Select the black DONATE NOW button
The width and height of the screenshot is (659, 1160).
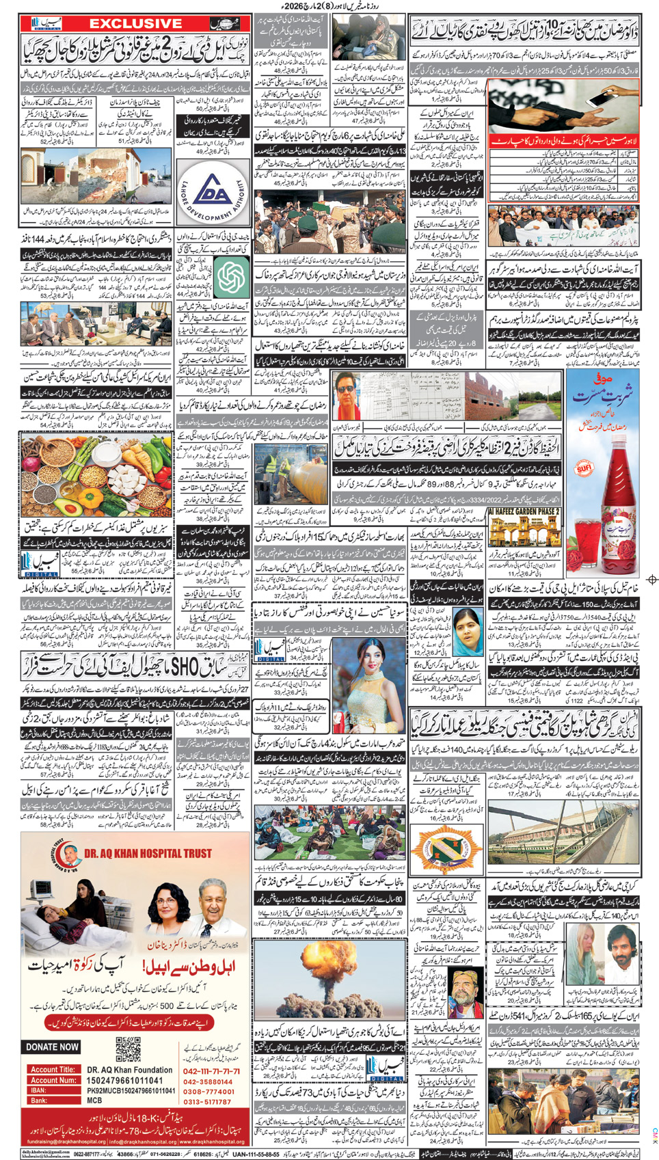click(x=53, y=1047)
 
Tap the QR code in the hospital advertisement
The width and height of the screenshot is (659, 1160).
click(x=128, y=1049)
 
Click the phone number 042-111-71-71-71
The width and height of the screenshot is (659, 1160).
click(x=211, y=1071)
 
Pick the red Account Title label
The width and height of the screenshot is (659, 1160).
click(x=53, y=1070)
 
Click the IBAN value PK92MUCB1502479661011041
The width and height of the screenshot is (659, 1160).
click(x=131, y=1091)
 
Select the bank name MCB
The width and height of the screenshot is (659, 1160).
click(x=94, y=1101)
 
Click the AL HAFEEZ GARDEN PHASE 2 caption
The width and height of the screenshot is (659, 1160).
click(x=524, y=511)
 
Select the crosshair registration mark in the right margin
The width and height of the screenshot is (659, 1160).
click(x=652, y=580)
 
